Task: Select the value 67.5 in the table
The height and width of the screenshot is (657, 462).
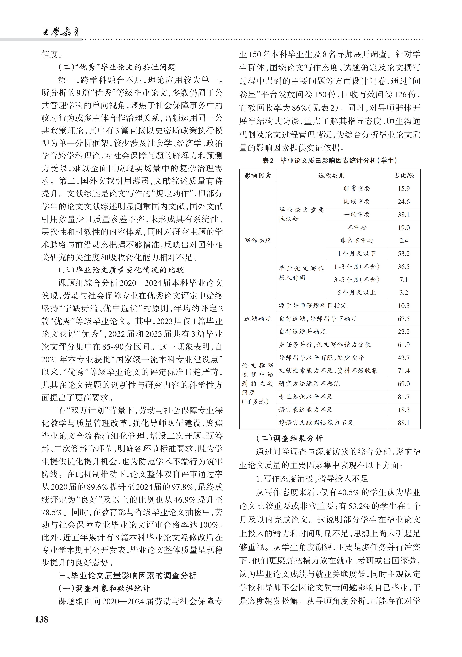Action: point(404,319)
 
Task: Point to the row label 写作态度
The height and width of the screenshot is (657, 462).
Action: point(258,240)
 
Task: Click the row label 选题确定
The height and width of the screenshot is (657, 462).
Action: point(258,319)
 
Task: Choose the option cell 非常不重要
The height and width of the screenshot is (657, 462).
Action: point(357,240)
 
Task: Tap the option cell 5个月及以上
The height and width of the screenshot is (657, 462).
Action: point(357,292)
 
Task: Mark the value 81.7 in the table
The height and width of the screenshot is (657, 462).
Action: point(404,397)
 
